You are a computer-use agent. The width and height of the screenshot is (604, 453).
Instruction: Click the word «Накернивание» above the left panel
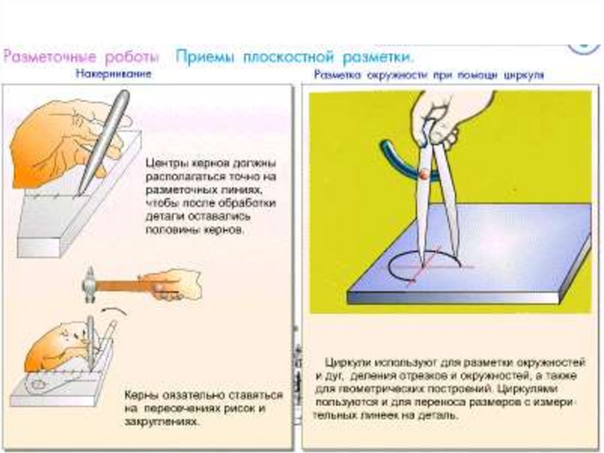point(113,74)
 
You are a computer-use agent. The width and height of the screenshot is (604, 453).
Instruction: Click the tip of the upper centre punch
point(80,192)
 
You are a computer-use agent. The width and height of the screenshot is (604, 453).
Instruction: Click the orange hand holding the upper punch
point(53,142)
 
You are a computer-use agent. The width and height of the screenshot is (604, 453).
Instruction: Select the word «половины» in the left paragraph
point(170,231)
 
